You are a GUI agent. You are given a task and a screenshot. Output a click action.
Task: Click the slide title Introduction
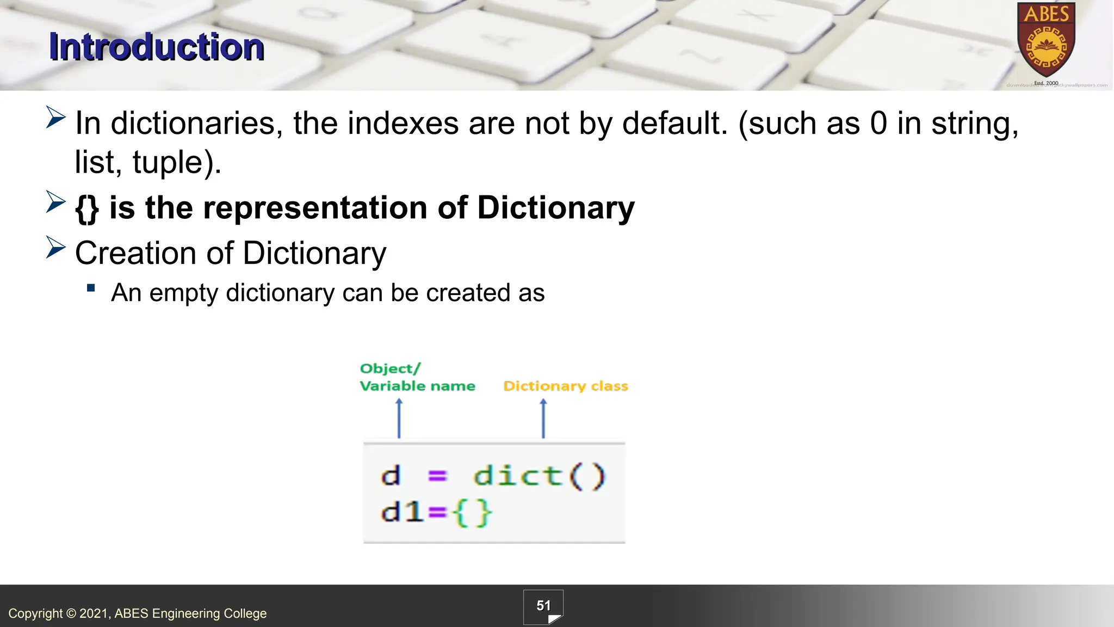click(x=157, y=47)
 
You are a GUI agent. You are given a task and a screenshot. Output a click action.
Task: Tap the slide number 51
click(x=543, y=606)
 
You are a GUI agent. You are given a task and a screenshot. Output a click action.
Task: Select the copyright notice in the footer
click(x=138, y=613)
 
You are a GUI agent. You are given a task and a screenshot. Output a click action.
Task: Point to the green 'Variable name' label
click(x=417, y=386)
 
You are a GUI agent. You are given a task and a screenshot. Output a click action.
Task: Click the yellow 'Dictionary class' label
click(x=566, y=386)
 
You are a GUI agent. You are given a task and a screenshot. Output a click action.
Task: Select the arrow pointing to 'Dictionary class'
click(x=543, y=418)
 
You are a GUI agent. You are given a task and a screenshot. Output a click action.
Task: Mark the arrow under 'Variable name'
click(x=399, y=418)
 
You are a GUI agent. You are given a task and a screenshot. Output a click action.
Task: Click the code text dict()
click(x=539, y=476)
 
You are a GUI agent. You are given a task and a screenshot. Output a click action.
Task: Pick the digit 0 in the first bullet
click(x=878, y=123)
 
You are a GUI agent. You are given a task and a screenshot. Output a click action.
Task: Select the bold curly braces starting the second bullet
click(x=87, y=208)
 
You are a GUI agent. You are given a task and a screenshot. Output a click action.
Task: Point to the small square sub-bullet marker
click(x=91, y=288)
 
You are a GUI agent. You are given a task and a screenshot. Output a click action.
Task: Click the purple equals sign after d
click(x=437, y=476)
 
